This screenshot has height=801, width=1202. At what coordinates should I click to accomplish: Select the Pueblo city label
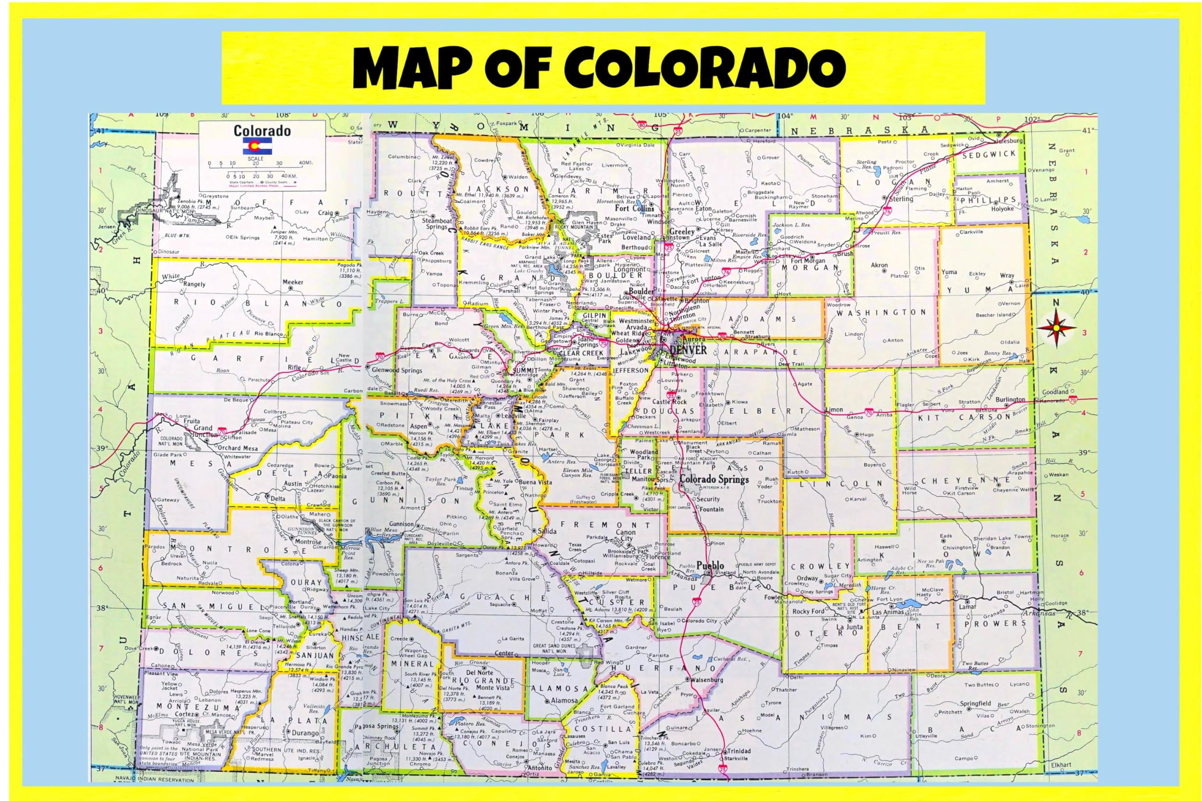click(710, 566)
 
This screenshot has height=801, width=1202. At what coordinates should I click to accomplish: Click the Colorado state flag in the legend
click(258, 145)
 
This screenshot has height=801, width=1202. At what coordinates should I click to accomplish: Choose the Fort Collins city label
click(634, 208)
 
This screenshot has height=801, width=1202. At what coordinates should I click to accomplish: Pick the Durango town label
click(305, 733)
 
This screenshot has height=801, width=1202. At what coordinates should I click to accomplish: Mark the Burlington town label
click(1010, 399)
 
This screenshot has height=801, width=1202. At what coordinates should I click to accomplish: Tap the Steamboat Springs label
click(435, 223)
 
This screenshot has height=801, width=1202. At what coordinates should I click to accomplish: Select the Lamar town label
click(967, 607)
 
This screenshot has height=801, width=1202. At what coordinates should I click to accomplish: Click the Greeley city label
click(682, 232)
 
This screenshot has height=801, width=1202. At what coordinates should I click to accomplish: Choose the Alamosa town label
click(564, 701)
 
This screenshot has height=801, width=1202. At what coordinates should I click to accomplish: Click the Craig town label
click(325, 213)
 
